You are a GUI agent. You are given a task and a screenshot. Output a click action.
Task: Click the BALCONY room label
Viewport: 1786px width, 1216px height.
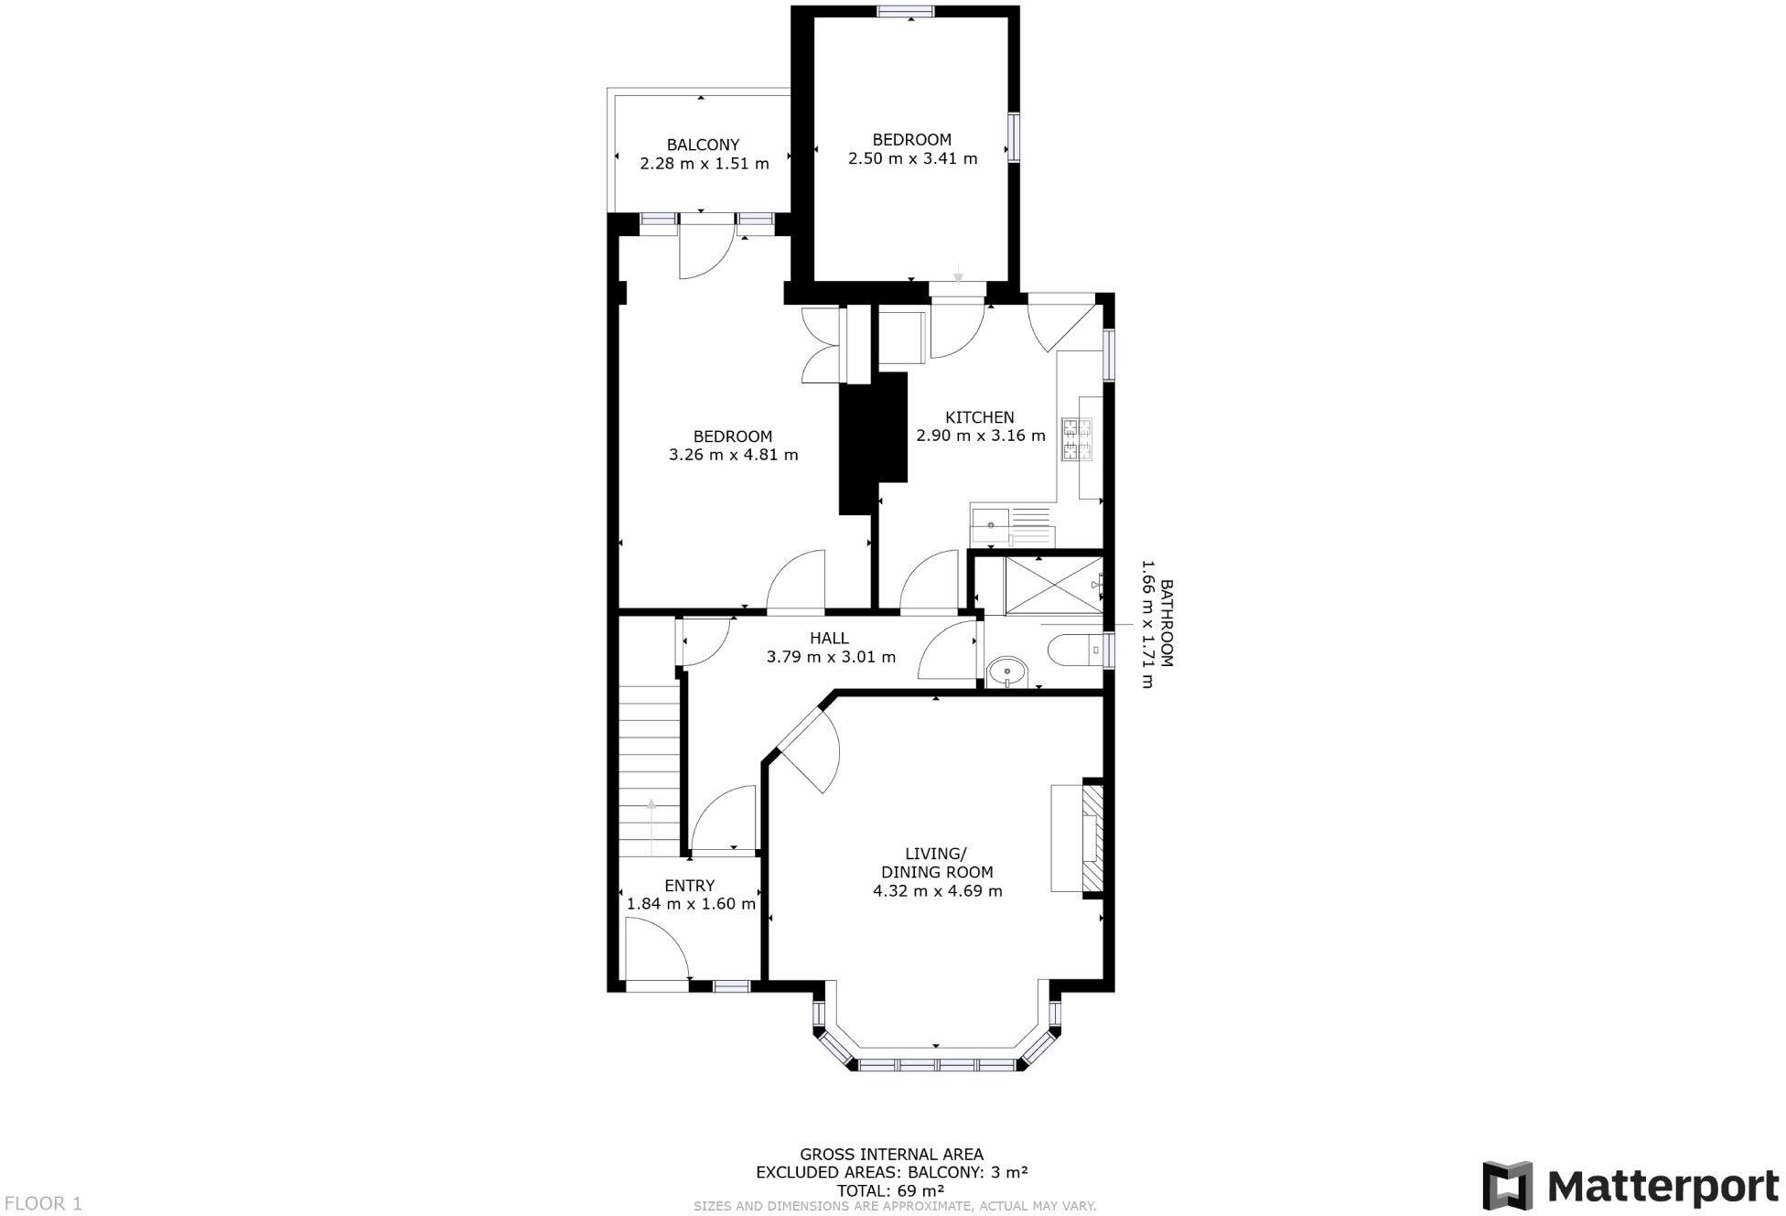[x=703, y=145]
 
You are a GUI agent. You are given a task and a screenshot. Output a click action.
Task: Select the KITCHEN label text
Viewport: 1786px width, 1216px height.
[x=980, y=417]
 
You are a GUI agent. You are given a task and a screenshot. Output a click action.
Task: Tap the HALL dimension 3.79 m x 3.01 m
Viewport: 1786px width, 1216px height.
[x=830, y=657]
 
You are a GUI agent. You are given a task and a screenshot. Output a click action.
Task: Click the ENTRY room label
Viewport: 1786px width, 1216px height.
[x=689, y=886]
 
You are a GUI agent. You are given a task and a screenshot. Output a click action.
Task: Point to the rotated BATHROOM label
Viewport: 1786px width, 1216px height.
[x=1167, y=622]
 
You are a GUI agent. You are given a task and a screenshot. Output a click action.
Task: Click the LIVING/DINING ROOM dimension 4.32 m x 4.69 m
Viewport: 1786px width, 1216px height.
[x=937, y=891]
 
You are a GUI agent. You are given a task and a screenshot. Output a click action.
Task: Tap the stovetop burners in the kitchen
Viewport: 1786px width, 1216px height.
[x=1077, y=439]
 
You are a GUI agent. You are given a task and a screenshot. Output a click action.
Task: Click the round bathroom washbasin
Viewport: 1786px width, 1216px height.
[x=1007, y=672]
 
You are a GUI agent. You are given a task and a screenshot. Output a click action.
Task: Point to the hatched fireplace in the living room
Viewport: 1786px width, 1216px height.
[x=1092, y=836]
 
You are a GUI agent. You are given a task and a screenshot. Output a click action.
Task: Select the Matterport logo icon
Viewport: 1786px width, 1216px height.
[x=1507, y=1185]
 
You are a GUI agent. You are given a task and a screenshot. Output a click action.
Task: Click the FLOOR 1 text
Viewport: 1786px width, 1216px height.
[x=43, y=1203]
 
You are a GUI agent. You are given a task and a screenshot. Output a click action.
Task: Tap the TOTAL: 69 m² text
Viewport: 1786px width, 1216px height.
[x=889, y=1190]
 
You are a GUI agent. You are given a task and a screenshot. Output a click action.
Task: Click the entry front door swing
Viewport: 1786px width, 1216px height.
[x=657, y=952]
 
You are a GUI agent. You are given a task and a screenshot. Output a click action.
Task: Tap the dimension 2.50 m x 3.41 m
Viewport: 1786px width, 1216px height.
[x=912, y=158]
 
